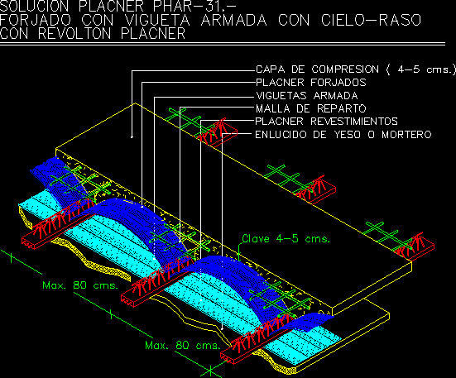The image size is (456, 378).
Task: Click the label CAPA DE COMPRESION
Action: point(317,69)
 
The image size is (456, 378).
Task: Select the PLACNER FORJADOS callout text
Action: point(311,83)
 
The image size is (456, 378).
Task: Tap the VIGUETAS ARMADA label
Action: point(307,96)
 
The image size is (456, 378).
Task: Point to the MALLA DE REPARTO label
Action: point(311,108)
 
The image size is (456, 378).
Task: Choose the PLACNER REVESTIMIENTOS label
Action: point(326,121)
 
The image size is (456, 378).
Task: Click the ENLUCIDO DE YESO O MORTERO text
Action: point(343,135)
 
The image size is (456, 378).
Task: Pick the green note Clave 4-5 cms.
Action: point(286,239)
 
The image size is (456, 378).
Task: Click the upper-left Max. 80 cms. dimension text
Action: point(80,285)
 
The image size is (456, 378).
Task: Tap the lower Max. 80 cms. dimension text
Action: point(183,345)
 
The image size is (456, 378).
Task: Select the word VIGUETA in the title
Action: point(157,20)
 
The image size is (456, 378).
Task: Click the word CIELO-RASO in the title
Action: point(371,20)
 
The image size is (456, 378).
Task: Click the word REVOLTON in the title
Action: point(74,33)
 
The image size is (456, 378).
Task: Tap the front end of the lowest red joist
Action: point(228,357)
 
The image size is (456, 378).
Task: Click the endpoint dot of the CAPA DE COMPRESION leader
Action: point(132,136)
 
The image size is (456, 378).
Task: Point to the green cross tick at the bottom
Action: point(210,371)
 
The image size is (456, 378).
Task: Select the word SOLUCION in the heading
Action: point(35,6)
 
